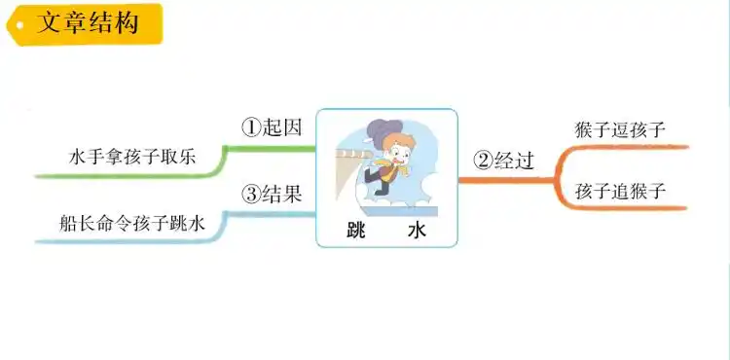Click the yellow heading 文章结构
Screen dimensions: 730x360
click(x=86, y=22)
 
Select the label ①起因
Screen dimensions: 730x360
click(x=273, y=127)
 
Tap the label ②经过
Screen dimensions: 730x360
click(x=503, y=161)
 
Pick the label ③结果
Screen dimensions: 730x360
click(x=273, y=194)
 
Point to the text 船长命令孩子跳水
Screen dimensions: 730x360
click(x=132, y=224)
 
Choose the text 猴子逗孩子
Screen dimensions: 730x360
click(x=621, y=128)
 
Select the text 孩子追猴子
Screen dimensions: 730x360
click(x=621, y=191)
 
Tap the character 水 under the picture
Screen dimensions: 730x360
click(x=417, y=231)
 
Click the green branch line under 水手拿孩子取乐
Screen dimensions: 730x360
click(x=127, y=176)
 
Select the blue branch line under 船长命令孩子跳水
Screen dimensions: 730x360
click(x=127, y=241)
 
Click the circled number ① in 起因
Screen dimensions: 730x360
click(x=251, y=127)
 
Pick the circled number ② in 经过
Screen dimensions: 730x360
click(x=482, y=161)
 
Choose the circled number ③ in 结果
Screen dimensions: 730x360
click(x=251, y=194)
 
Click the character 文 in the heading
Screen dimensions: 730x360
click(x=50, y=22)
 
